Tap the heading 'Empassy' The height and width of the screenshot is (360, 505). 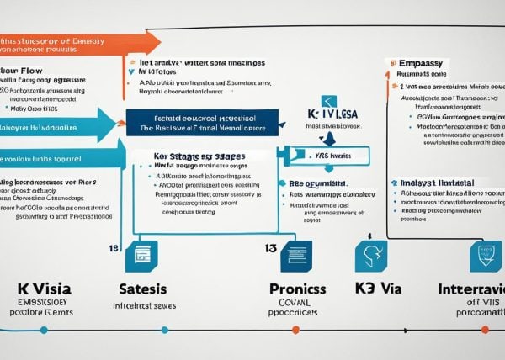[x=417, y=62]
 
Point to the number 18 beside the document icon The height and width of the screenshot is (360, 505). [x=114, y=249]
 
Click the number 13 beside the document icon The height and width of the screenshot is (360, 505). [x=270, y=248]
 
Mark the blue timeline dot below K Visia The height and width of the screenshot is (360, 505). [x=41, y=330]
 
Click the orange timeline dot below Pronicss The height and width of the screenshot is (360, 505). [x=295, y=330]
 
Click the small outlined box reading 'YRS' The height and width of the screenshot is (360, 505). [x=316, y=155]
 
